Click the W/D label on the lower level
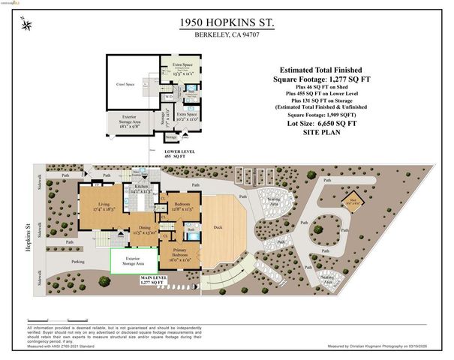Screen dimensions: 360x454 tap(170, 96)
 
